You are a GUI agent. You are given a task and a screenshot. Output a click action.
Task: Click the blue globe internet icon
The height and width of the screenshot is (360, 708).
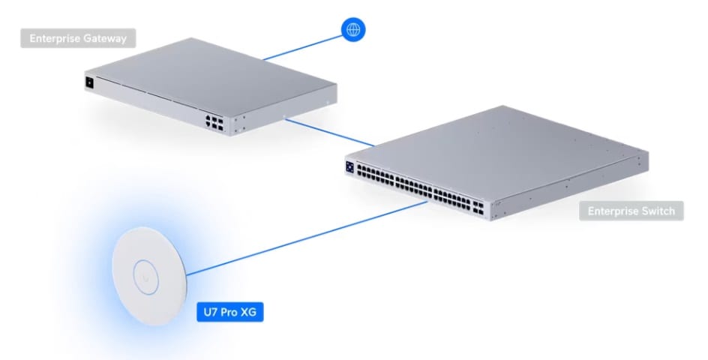tap(353, 30)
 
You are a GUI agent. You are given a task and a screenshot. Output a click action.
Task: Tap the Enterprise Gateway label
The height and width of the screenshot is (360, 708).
tap(78, 38)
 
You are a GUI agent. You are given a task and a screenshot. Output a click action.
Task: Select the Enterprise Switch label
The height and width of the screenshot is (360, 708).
tap(631, 211)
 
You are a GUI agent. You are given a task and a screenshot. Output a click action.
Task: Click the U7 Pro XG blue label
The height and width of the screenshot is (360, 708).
tap(229, 312)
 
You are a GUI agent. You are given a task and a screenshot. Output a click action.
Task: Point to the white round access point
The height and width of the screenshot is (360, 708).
tap(149, 276)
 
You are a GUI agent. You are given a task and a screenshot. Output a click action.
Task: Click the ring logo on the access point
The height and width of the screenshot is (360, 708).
tap(145, 277)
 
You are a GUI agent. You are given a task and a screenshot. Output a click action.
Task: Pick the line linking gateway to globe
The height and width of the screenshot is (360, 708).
tap(302, 48)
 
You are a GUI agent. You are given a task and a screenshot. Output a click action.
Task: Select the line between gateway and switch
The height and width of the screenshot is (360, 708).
tap(329, 132)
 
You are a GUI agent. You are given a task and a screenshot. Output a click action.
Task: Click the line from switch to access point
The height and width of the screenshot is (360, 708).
tap(307, 238)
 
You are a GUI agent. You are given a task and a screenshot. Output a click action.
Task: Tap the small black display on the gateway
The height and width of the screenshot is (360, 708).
tap(89, 83)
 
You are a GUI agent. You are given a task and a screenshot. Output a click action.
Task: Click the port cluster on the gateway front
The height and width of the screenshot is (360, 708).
tap(214, 122)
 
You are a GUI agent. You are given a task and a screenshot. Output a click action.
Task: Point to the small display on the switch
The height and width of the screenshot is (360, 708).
tap(350, 166)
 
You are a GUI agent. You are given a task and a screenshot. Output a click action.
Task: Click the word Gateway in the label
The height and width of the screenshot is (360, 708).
tap(104, 38)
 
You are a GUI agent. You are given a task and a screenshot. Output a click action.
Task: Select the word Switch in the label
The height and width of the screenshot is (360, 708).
tap(658, 211)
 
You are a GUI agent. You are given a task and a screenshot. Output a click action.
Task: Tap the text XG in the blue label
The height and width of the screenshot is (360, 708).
tap(248, 312)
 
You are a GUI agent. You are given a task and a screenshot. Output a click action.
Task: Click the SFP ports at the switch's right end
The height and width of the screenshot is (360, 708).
tap(478, 208)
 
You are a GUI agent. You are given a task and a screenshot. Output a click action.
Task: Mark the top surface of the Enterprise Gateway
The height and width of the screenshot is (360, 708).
tap(211, 78)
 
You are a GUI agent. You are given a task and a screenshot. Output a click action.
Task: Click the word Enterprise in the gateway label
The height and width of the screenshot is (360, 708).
tap(55, 38)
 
